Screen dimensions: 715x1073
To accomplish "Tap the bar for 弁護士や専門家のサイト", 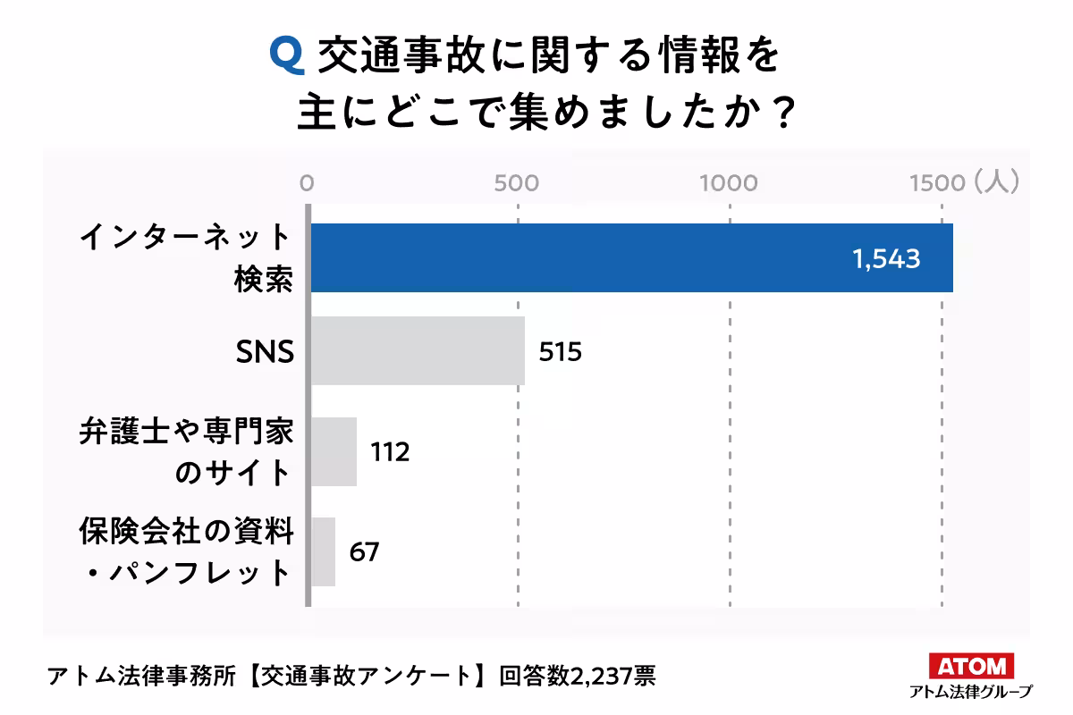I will (x=334, y=451).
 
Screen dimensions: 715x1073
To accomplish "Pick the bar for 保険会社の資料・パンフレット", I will (x=323, y=551).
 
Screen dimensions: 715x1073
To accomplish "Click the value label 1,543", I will (x=886, y=259).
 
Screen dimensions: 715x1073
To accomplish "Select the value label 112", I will (x=390, y=452).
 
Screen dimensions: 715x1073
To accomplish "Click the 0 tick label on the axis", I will (x=307, y=183).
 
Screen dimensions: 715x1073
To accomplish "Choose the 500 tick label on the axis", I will (x=517, y=183).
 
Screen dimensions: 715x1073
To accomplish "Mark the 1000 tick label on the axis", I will (x=728, y=183).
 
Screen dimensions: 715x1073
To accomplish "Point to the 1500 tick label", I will (x=934, y=183).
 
